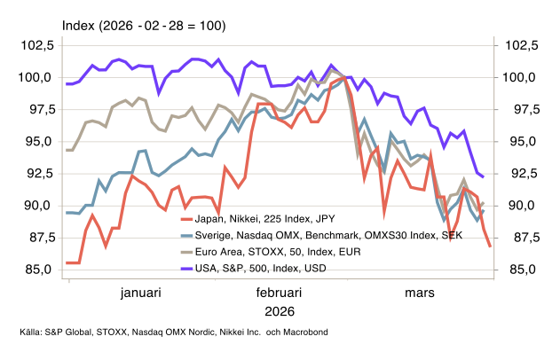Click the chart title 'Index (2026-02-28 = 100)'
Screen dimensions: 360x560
[144, 27]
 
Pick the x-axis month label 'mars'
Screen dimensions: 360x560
[422, 292]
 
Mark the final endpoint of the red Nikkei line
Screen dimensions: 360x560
[490, 247]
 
